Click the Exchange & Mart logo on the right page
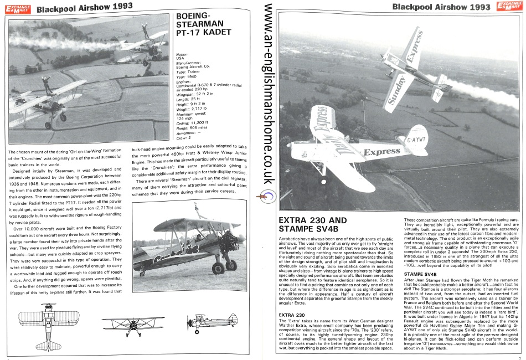coord(509,7)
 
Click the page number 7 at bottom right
coord(512,357)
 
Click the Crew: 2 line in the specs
coord(184,137)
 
